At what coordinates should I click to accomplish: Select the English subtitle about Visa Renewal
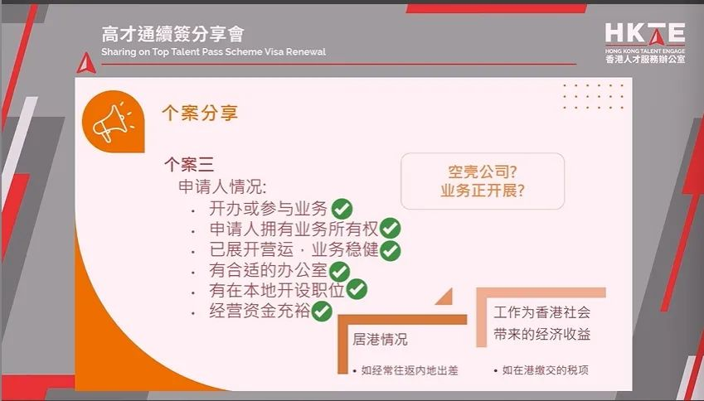click(x=213, y=52)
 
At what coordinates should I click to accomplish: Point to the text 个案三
click(x=188, y=165)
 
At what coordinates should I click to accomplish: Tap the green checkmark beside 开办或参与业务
click(x=342, y=208)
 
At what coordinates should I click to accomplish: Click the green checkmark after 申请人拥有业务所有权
click(x=391, y=229)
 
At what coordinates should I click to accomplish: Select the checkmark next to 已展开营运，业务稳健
click(x=391, y=249)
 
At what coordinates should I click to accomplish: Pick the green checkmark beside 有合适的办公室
click(x=340, y=270)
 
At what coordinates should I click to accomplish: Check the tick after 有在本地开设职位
click(x=357, y=289)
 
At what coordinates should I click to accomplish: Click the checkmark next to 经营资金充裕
click(x=322, y=311)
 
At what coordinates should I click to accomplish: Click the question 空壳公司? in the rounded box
click(x=483, y=171)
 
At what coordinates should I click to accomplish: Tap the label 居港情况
click(x=380, y=340)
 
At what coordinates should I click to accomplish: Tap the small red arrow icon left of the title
click(x=85, y=60)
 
